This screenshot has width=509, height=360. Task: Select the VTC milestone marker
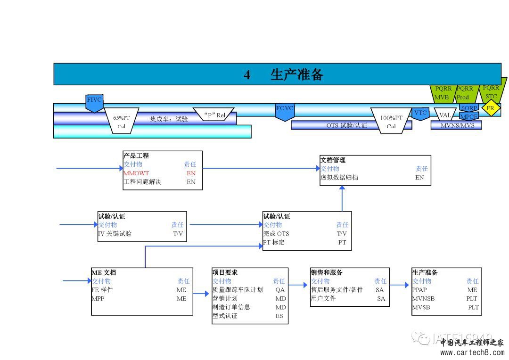420,113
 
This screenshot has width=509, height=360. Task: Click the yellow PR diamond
491,108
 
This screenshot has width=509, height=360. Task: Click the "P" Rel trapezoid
214,115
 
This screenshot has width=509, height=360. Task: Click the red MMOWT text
136,173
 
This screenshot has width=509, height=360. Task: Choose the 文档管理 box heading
333,160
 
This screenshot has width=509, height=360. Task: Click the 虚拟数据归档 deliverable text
339,178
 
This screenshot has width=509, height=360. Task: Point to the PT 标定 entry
274,243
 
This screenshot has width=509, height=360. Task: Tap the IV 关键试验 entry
115,234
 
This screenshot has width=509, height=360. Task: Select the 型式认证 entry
225,316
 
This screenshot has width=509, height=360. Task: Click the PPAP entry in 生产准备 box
419,290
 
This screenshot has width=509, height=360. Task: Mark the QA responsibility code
280,290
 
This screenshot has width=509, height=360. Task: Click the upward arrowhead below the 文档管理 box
342,188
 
